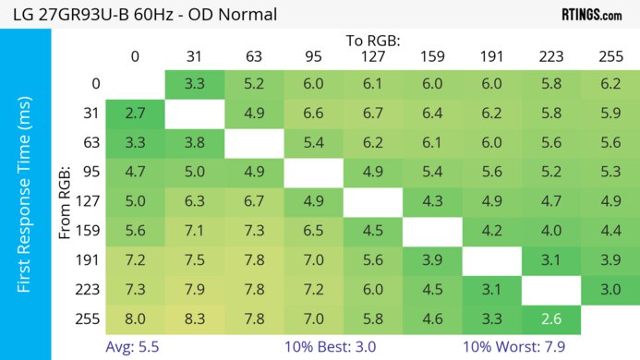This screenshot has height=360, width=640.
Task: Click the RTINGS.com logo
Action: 591,15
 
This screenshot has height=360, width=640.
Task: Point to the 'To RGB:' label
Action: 374,41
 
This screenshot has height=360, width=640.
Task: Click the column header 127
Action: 374,56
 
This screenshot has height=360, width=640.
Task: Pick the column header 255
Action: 610,56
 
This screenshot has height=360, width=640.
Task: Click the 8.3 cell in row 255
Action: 196,319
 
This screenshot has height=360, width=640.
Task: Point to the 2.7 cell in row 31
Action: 136,113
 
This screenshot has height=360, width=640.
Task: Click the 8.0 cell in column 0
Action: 136,319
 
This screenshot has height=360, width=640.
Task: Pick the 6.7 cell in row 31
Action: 374,113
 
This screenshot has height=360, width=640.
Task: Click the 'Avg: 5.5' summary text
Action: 134,347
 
